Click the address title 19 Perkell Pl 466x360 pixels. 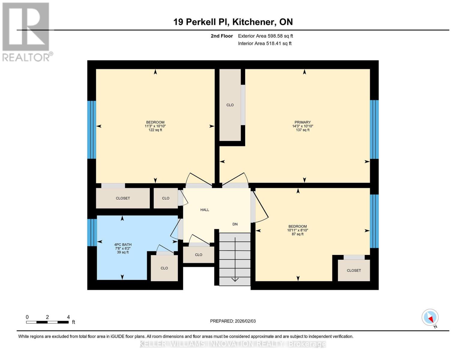[x=233, y=22]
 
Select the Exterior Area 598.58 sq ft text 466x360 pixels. [x=265, y=36]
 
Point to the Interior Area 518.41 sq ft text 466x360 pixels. [x=265, y=43]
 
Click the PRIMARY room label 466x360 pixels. [x=302, y=122]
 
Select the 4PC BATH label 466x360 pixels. [x=123, y=244]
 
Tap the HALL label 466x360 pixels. [x=205, y=210]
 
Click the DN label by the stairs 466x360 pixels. [x=235, y=224]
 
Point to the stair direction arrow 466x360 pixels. [x=235, y=279]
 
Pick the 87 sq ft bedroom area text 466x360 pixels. [x=298, y=234]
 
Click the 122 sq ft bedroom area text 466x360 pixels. [x=155, y=130]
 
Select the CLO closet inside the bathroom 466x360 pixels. [x=164, y=268]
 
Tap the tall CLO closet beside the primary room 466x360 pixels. [x=230, y=105]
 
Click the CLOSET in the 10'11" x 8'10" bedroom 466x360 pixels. [x=354, y=270]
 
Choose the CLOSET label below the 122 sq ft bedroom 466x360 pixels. [x=123, y=198]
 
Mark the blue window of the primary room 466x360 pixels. [x=374, y=129]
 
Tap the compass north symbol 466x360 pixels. [x=430, y=317]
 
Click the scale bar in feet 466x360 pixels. [x=47, y=322]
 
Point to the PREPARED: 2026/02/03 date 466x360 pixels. [x=233, y=321]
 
